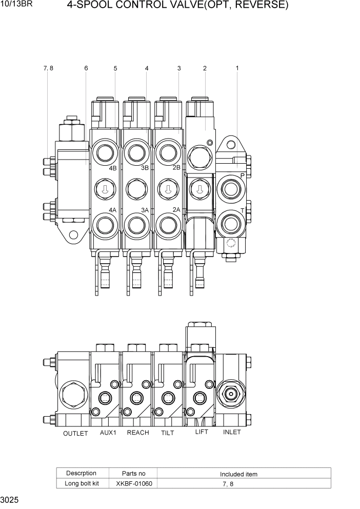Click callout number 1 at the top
click(237, 68)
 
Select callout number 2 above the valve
click(205, 68)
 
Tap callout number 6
click(86, 68)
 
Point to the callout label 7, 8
click(49, 68)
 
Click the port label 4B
click(113, 168)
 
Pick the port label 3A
click(145, 210)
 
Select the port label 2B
click(176, 168)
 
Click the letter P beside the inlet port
click(243, 176)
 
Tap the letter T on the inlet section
click(243, 210)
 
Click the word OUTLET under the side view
click(75, 434)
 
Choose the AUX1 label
click(108, 433)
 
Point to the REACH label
click(138, 433)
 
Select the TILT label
click(167, 433)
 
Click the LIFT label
click(202, 432)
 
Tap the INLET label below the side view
click(232, 432)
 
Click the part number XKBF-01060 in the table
click(134, 483)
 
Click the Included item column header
click(238, 474)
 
